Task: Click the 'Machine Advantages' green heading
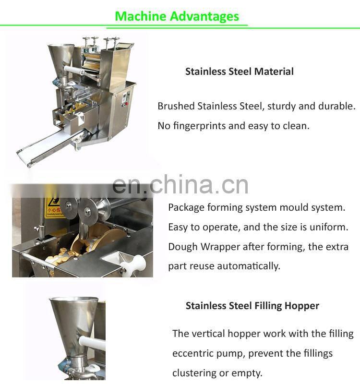click(x=177, y=16)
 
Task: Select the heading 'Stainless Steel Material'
click(x=239, y=72)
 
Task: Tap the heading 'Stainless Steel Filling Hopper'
click(x=252, y=306)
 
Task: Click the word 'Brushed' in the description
click(x=176, y=106)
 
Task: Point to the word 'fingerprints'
click(x=198, y=126)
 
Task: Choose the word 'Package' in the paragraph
click(x=186, y=208)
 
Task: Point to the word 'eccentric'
click(x=193, y=354)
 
